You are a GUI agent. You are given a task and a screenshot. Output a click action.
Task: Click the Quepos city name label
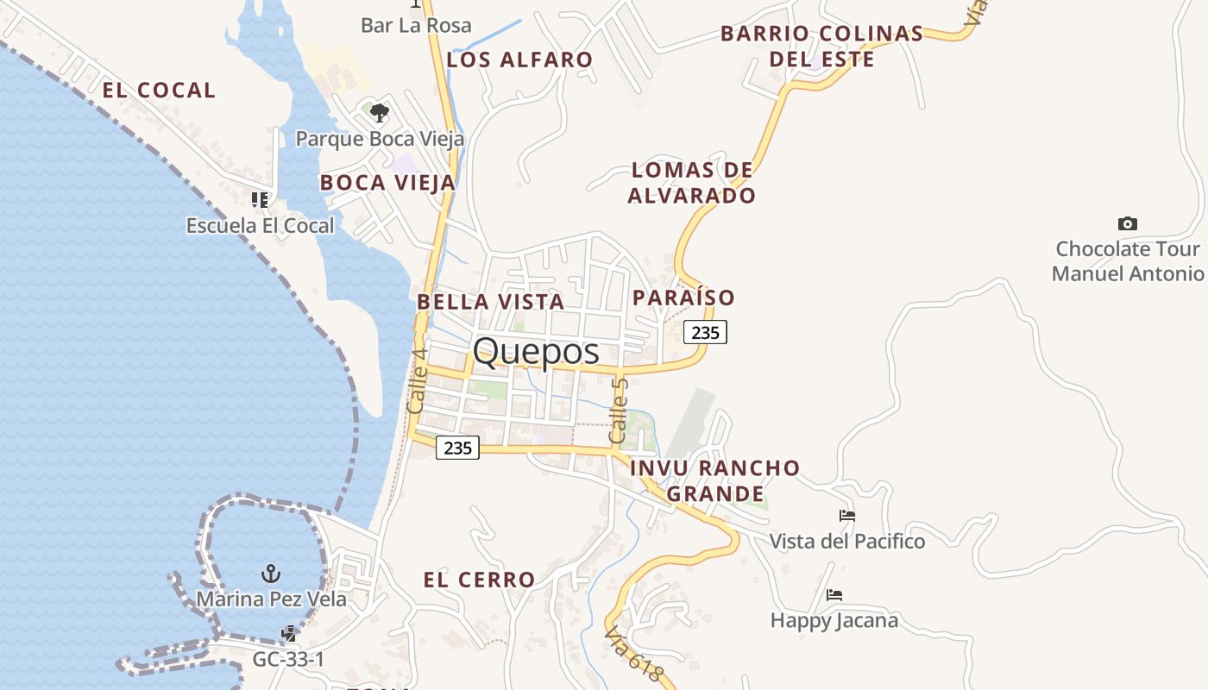536,352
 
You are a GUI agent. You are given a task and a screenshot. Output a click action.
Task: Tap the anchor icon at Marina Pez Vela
271,573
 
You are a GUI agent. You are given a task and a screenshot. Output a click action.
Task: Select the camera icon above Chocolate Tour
1127,224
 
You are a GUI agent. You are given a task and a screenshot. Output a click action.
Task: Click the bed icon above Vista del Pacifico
847,516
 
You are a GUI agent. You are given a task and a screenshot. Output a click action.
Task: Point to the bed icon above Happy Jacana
834,595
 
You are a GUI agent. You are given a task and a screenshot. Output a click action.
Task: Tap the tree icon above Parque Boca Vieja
379,113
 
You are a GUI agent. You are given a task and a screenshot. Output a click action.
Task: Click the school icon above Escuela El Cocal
260,200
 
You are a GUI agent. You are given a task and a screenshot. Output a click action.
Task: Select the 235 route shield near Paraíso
705,332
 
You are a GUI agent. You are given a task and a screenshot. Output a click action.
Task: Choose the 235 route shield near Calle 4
457,448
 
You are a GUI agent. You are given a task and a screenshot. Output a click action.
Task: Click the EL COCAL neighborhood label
159,91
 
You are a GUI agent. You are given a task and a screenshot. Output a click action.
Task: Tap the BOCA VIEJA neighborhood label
387,183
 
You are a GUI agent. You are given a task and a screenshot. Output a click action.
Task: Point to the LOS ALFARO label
519,60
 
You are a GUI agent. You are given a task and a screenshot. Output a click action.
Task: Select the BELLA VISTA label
490,302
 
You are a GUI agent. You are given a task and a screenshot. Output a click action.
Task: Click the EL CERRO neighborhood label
479,580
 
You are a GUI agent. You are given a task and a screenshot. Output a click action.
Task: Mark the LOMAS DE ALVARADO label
691,183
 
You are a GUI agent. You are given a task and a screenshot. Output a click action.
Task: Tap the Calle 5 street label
618,411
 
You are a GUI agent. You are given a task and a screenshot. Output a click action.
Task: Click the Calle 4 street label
417,379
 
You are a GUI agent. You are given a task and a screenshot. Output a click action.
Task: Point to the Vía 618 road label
634,654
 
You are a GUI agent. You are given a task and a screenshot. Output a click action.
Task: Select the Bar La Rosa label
416,25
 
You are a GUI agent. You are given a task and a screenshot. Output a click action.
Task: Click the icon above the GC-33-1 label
289,635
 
